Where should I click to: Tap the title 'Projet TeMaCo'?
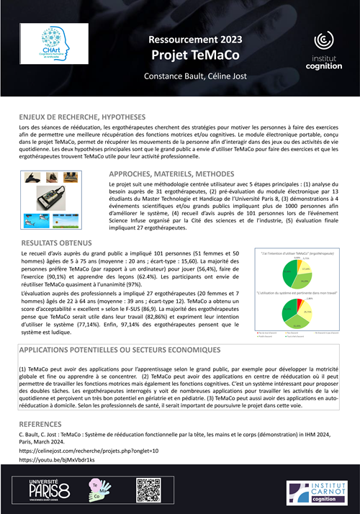click(180, 55)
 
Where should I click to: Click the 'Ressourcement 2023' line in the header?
click(180, 40)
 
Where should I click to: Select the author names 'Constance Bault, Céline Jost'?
click(180, 76)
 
